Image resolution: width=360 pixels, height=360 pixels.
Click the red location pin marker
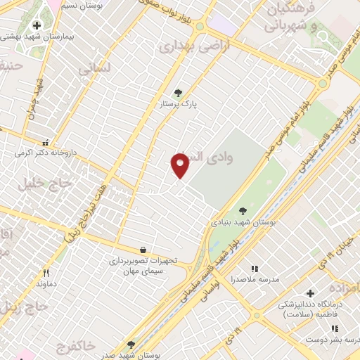[180, 165]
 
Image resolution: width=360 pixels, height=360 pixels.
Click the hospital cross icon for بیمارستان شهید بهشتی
[37, 26]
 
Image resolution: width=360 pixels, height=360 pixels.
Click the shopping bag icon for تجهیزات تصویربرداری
[143, 250]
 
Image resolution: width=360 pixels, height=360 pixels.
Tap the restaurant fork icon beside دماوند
[46, 273]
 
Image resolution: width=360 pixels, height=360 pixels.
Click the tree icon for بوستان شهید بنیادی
[243, 210]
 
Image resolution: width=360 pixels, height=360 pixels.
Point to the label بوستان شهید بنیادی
[243, 221]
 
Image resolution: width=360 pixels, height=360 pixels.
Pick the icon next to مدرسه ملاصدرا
[255, 269]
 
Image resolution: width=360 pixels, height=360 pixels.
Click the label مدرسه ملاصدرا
[255, 279]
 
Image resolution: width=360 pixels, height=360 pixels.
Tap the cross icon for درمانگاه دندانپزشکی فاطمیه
[310, 293]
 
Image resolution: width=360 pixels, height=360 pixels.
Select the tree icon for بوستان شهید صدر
[131, 344]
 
